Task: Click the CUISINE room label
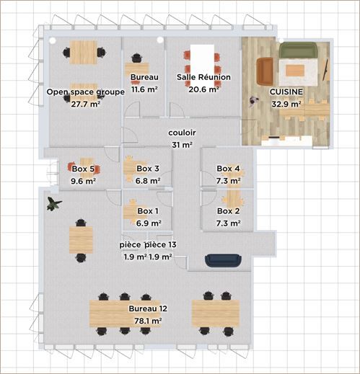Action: (x=286, y=92)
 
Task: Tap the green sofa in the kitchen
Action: (x=298, y=50)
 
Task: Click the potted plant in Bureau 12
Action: (x=53, y=204)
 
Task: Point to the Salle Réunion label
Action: (x=203, y=76)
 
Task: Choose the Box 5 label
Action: (x=84, y=169)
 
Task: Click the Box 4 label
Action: (x=228, y=169)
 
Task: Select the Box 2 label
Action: (x=228, y=211)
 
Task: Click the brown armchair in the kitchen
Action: (x=265, y=70)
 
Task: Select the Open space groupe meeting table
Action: (x=84, y=50)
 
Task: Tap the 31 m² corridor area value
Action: (x=182, y=145)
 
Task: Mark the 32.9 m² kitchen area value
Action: (x=286, y=104)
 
